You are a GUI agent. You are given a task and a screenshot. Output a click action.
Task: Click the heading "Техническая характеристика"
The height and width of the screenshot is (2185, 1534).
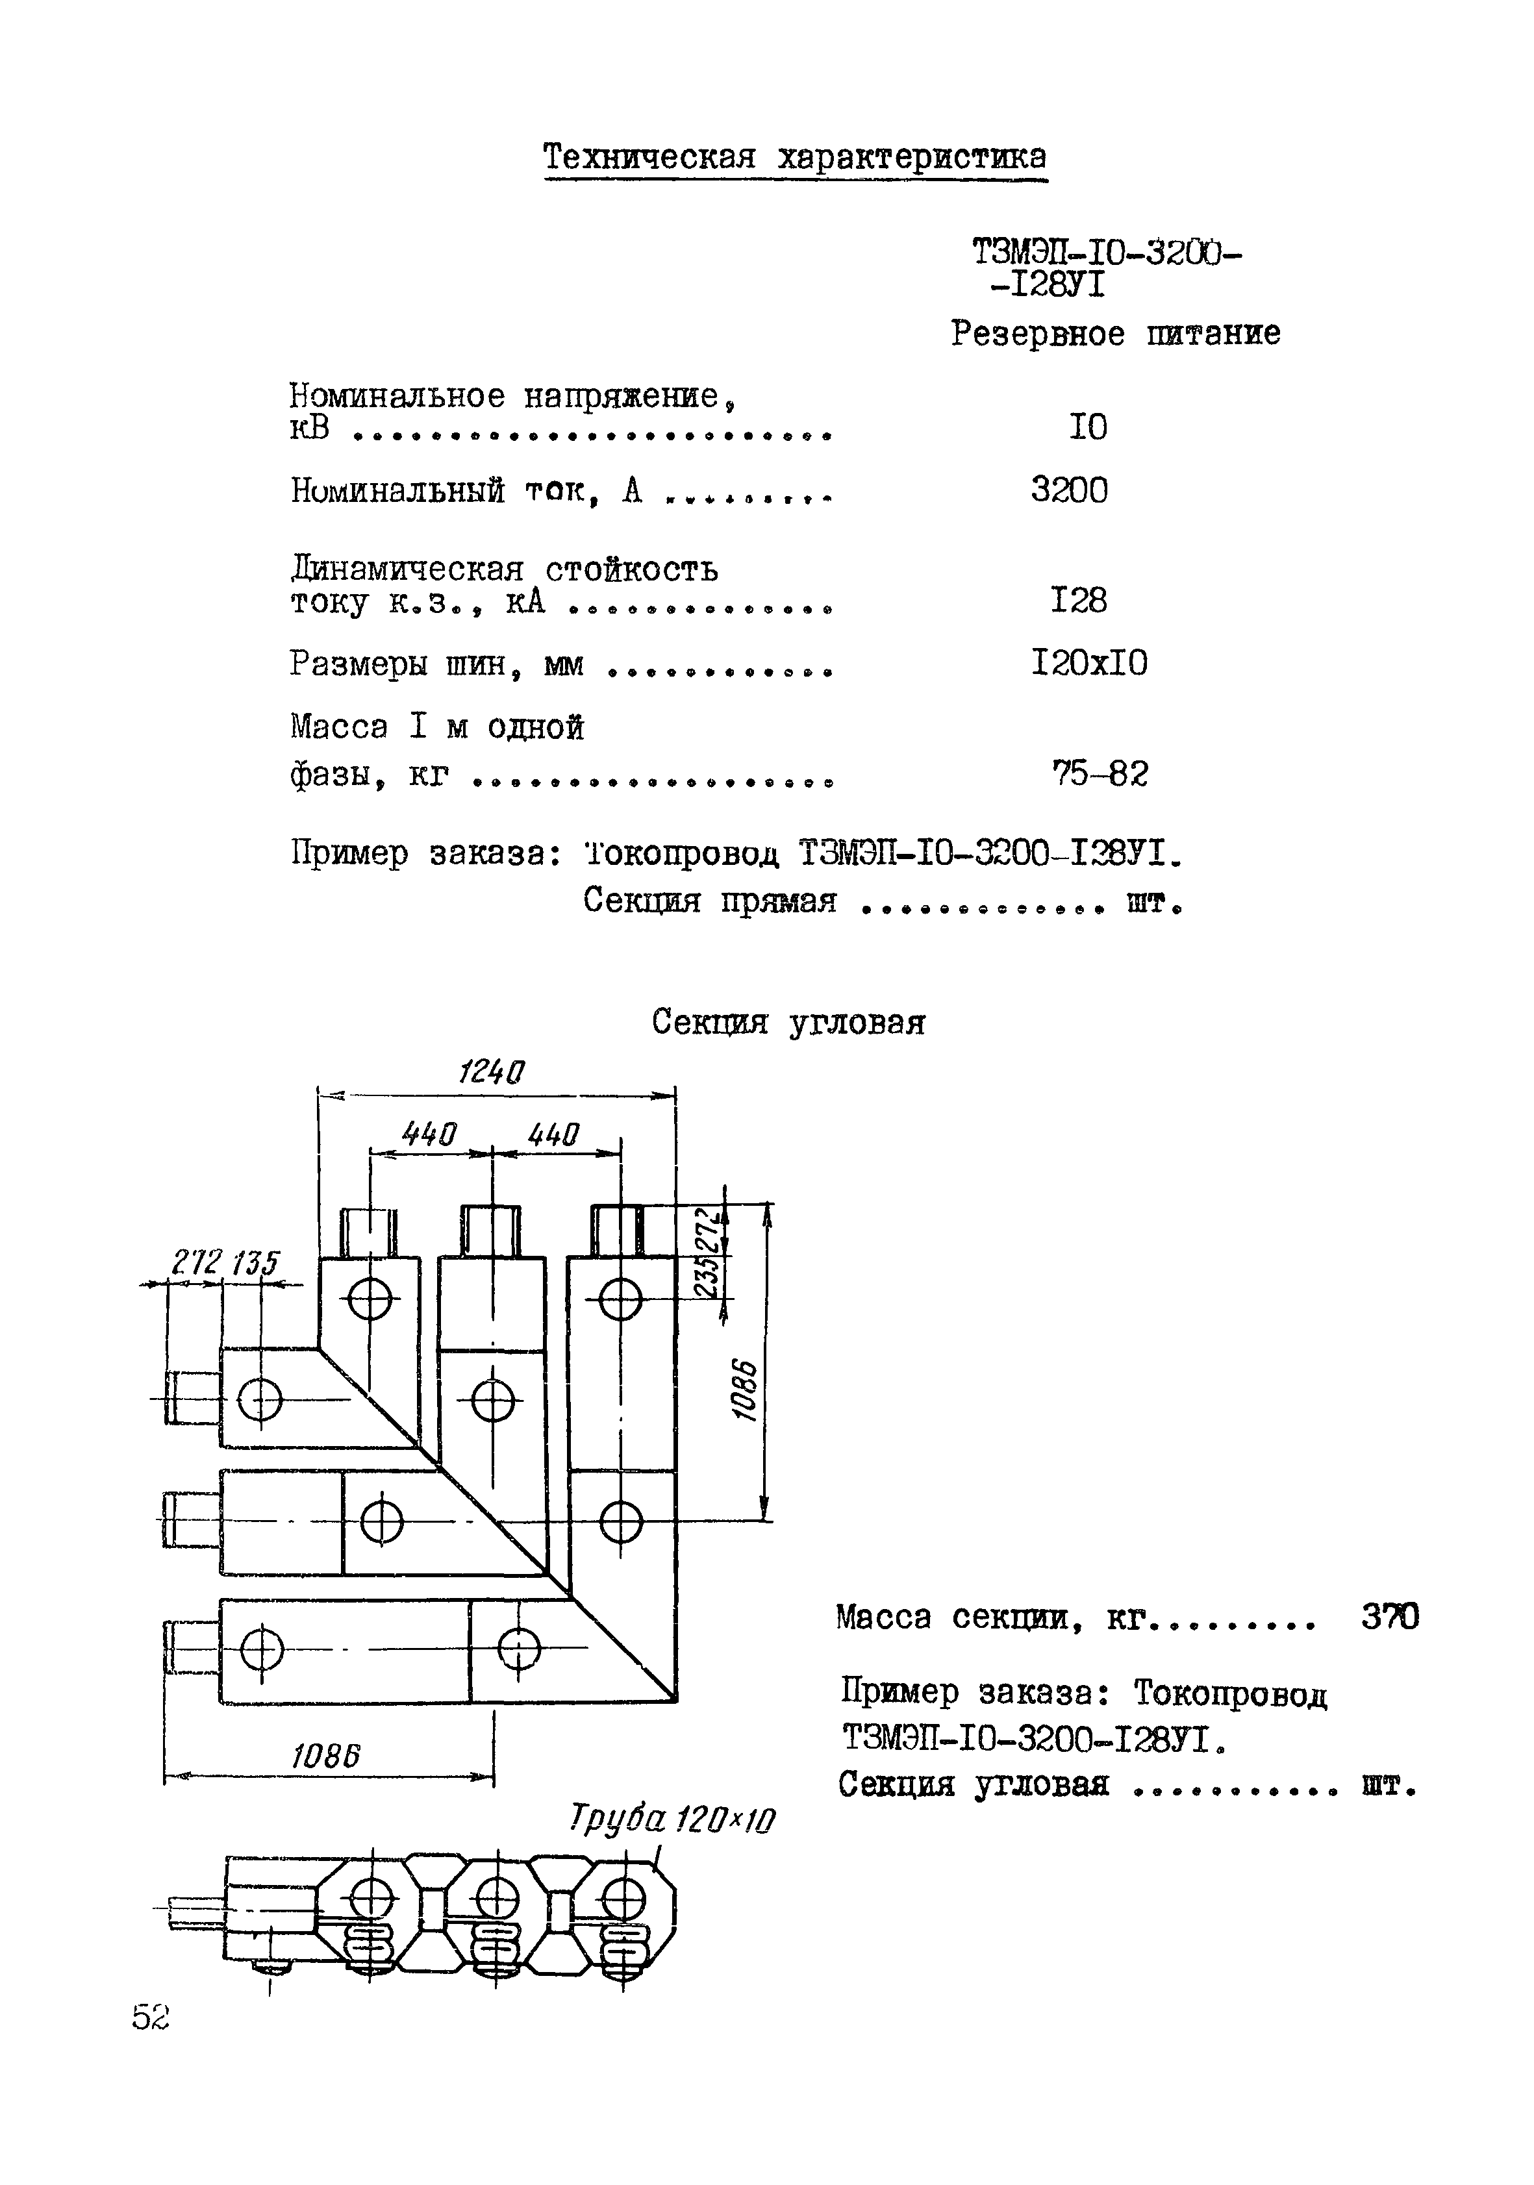pos(794,157)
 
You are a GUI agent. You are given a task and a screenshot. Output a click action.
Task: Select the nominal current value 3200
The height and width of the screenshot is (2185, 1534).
pos(1068,490)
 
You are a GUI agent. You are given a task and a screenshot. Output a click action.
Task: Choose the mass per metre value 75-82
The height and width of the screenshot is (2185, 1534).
pos(1099,774)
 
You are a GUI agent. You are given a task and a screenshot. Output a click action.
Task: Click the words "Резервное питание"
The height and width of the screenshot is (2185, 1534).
pos(1115,334)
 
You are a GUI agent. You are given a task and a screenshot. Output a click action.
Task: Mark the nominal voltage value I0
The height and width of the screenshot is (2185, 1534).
pos(1088,427)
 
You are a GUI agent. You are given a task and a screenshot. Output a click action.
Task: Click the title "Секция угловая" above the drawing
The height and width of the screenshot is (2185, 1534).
pos(788,1023)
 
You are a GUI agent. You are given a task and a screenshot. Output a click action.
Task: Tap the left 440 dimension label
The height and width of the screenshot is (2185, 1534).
pos(429,1134)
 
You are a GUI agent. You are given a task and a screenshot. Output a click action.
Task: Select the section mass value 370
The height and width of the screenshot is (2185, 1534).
pos(1389,1616)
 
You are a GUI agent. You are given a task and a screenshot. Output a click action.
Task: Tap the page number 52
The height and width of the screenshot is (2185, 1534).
pos(151,2016)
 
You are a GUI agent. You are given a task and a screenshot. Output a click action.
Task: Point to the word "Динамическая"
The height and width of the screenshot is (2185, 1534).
pos(407,569)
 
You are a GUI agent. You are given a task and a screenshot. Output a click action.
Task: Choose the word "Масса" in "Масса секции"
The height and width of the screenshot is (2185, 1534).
pos(883,1617)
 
